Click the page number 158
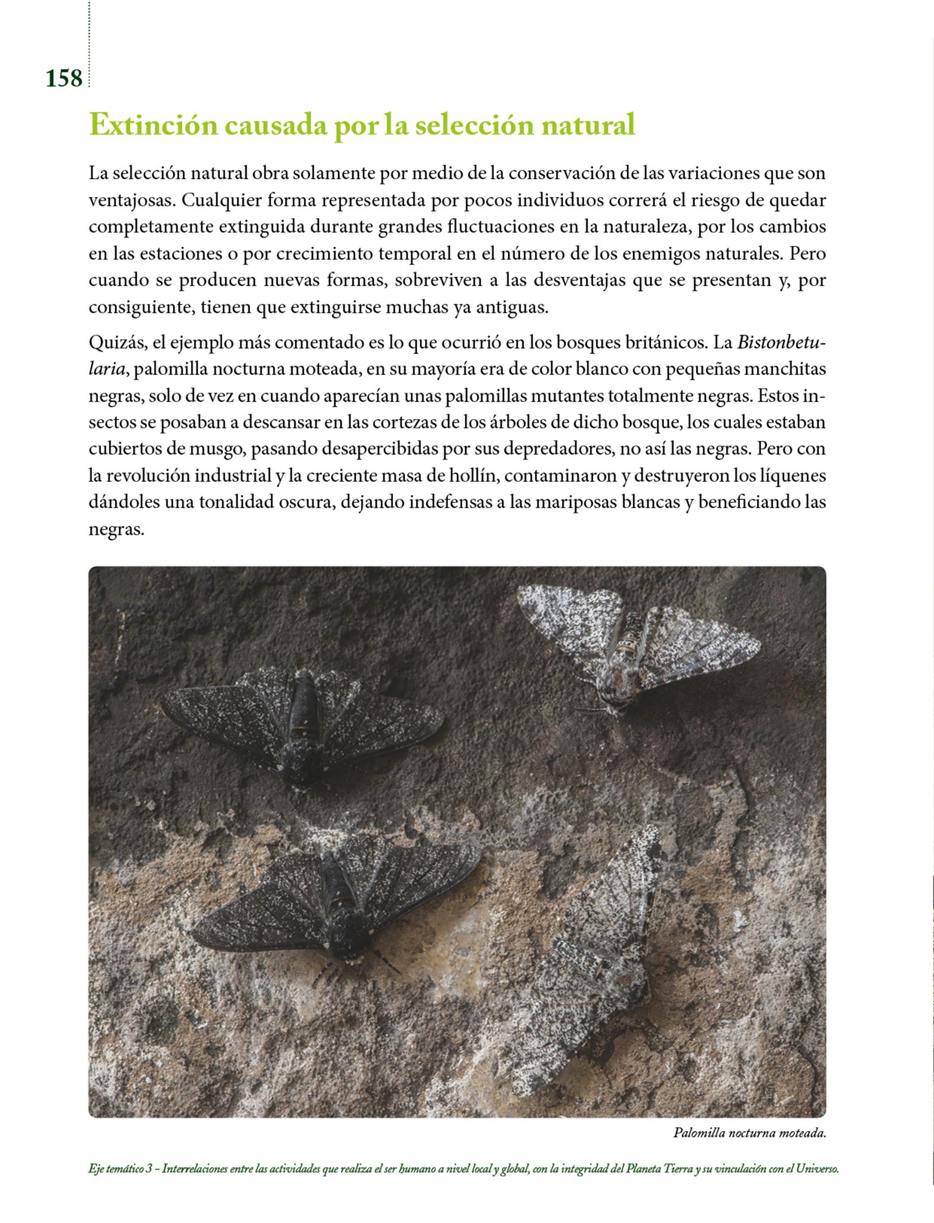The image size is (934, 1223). [x=64, y=78]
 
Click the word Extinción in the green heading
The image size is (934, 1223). [x=153, y=125]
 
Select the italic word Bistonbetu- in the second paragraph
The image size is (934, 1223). [x=781, y=343]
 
